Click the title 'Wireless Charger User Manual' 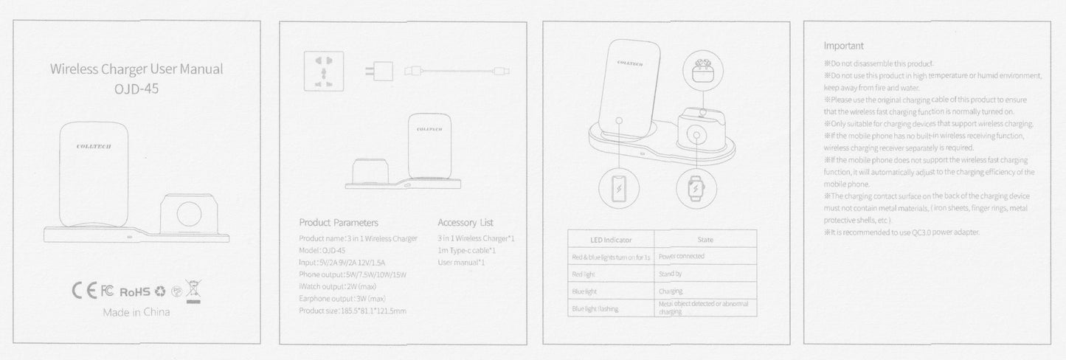point(136,70)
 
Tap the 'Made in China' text point(136,312)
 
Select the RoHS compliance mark point(134,291)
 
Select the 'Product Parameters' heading point(339,222)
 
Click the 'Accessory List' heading point(465,222)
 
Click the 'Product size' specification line point(353,311)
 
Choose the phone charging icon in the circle point(619,189)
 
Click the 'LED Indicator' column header point(611,240)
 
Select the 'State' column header point(705,240)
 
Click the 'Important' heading point(843,46)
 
